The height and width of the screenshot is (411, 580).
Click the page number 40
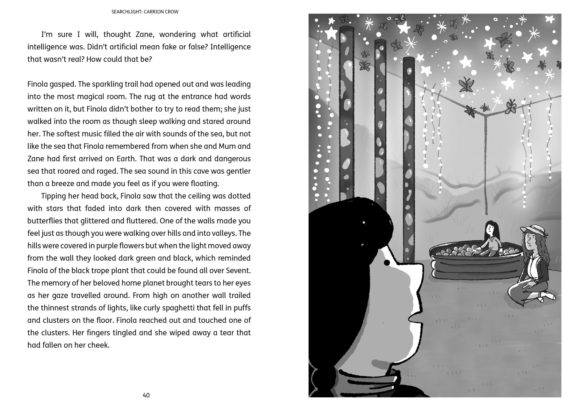pos(146,395)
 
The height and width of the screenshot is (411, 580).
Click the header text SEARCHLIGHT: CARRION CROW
pos(145,12)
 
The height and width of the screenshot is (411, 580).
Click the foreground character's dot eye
pos(387,262)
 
